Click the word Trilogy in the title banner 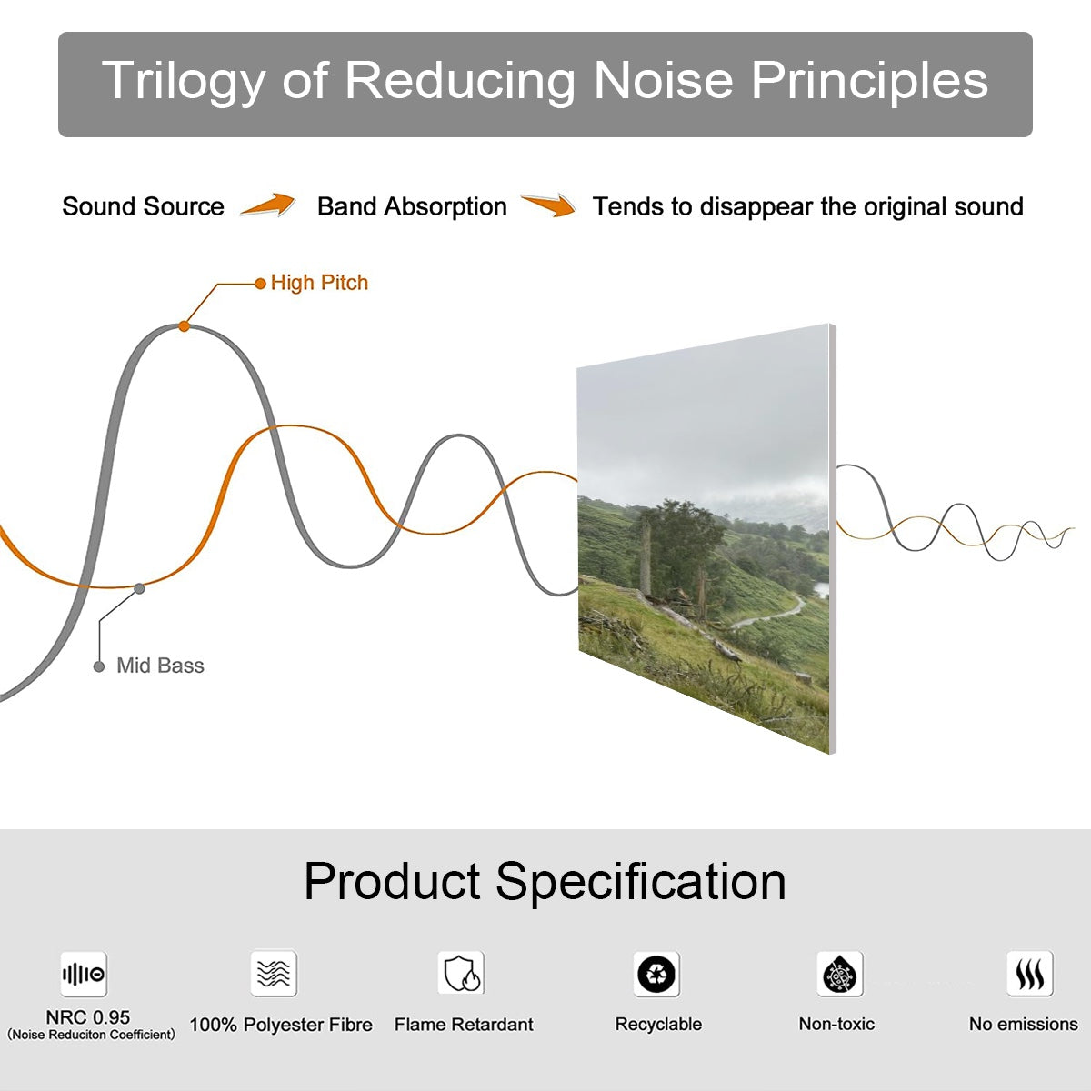184,82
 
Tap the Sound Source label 144,206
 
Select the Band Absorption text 412,206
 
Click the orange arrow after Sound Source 268,204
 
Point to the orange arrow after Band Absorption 548,205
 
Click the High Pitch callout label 319,283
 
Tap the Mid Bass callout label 160,666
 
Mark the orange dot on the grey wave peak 184,326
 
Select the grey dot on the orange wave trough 139,589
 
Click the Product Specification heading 545,882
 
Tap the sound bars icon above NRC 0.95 84,974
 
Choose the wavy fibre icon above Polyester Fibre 274,973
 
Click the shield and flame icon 462,973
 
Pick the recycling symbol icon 656,974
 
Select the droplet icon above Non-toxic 840,974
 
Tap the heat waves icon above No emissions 1030,973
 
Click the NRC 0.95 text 88,1017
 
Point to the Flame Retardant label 464,1025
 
